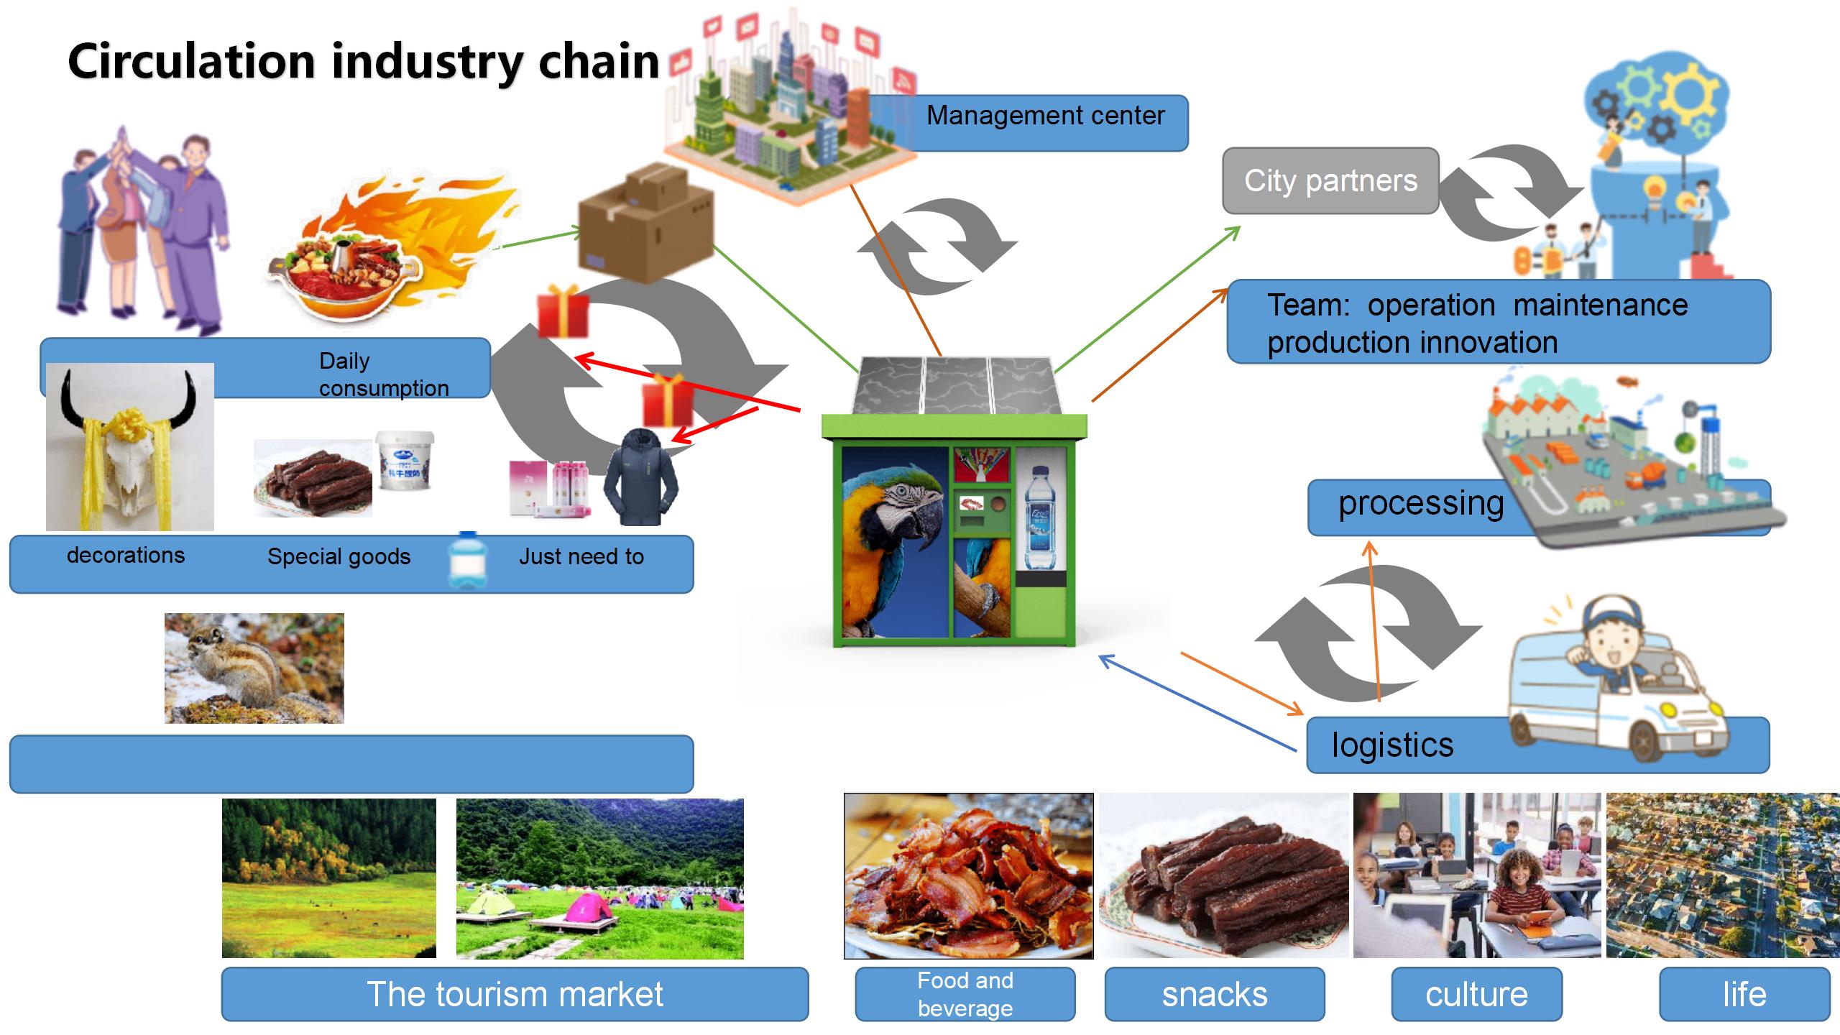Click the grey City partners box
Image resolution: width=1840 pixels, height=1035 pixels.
pos(1330,181)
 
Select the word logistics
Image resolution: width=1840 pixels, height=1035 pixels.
pos(1392,745)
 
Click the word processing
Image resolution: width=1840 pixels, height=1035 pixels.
pos(1420,503)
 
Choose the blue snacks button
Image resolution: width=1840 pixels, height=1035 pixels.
pos(1214,994)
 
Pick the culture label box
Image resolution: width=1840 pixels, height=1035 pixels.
pos(1476,994)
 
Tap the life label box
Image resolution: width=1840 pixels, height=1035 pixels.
pos(1744,994)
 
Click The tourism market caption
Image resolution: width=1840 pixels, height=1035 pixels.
pos(515,994)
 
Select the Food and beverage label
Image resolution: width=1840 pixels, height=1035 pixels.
pos(965,994)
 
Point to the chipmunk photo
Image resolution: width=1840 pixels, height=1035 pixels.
pos(254,668)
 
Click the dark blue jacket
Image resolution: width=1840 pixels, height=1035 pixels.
pos(640,477)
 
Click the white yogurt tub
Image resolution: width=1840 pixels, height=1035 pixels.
pos(405,460)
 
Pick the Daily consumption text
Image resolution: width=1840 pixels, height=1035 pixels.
pos(383,374)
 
